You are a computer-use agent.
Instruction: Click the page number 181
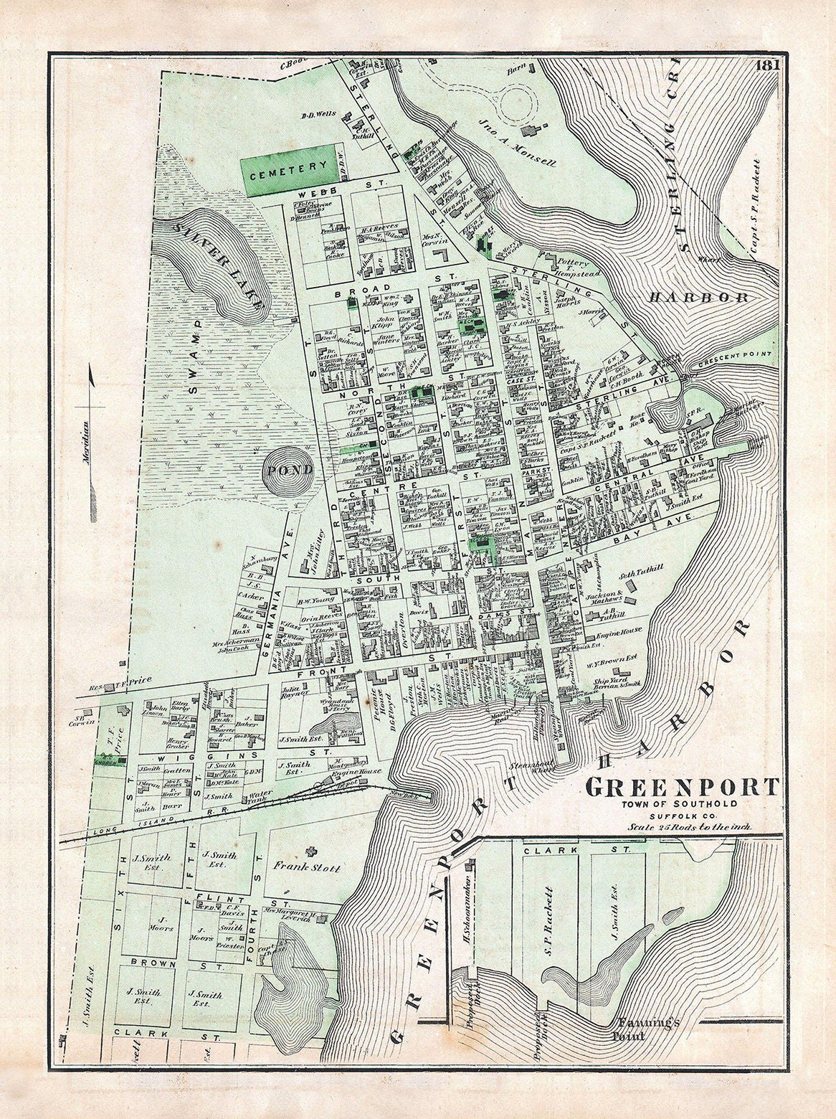point(766,65)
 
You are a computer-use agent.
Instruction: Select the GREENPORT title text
point(681,787)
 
